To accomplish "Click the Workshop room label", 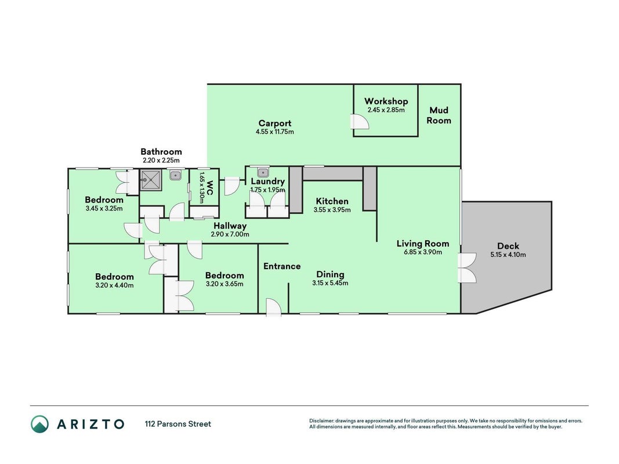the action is click(x=386, y=101).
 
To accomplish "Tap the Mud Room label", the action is click(x=439, y=115).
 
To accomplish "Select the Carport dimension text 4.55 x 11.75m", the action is click(x=275, y=132).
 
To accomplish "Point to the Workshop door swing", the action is click(x=360, y=122).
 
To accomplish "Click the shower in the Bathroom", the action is click(x=150, y=180).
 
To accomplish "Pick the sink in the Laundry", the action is click(x=263, y=172).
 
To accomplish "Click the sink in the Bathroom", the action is click(x=175, y=175).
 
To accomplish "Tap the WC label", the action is click(x=209, y=187).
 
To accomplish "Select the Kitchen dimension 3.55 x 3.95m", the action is click(x=332, y=210).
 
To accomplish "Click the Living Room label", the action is click(x=423, y=244).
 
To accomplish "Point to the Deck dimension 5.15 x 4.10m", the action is click(x=508, y=255).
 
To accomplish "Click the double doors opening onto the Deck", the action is click(x=468, y=268).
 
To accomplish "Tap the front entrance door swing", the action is click(x=273, y=307).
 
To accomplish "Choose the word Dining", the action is click(x=331, y=274).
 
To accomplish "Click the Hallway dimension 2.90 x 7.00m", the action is click(x=230, y=234).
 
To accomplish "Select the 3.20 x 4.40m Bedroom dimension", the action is click(x=114, y=285).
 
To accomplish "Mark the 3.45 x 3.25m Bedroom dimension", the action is click(x=104, y=209).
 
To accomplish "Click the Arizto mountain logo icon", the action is click(x=40, y=424).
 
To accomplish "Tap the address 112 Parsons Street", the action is click(x=178, y=424).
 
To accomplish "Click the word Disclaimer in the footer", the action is click(x=321, y=421).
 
